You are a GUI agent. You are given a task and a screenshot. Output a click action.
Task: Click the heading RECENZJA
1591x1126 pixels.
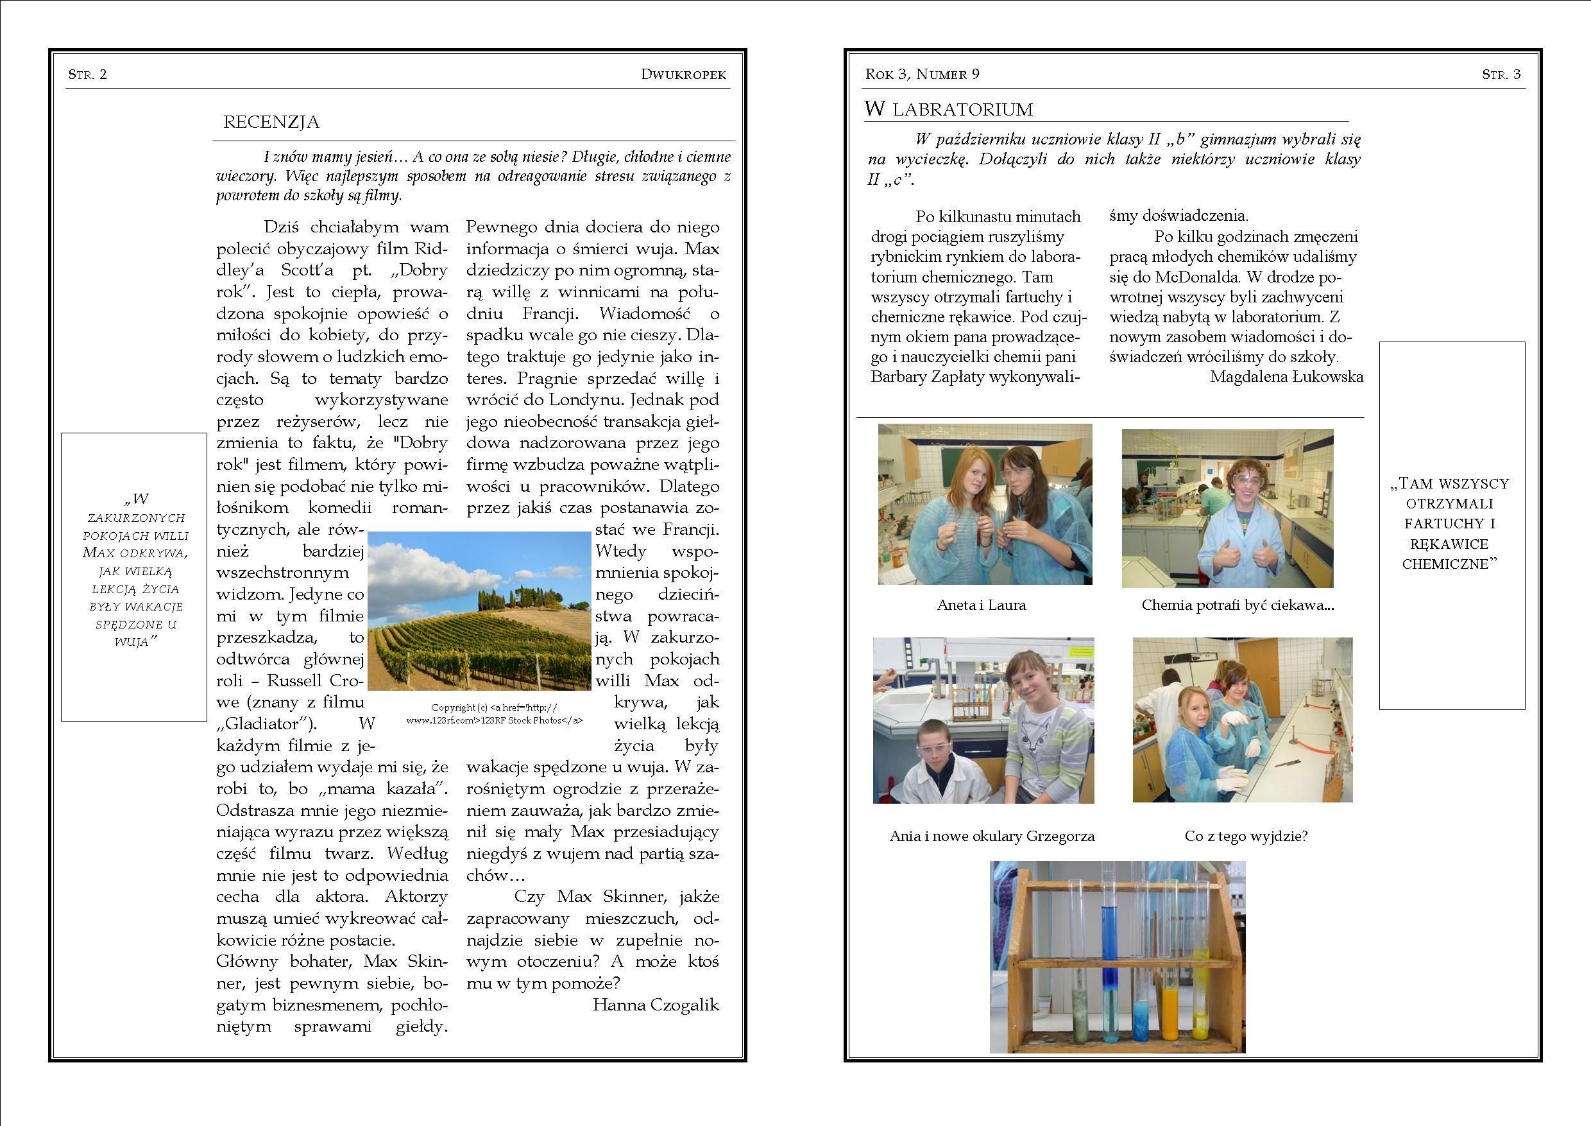tap(271, 123)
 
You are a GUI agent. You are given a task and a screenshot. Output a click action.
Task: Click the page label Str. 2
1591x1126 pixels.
tap(87, 75)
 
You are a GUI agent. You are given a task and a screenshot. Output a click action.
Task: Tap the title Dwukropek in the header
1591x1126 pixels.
tap(683, 75)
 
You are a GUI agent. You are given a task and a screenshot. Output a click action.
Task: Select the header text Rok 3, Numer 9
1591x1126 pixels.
tap(923, 74)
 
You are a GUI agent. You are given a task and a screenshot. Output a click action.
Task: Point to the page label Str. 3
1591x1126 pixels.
tap(1501, 75)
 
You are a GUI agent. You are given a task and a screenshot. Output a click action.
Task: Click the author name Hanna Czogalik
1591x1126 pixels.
tap(656, 1005)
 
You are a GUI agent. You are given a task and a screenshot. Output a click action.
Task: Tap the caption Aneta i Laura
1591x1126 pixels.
tap(981, 605)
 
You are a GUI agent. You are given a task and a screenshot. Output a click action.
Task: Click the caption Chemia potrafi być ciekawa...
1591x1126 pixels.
tap(1238, 605)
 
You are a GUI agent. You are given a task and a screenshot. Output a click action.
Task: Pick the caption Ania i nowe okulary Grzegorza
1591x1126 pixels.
tap(992, 836)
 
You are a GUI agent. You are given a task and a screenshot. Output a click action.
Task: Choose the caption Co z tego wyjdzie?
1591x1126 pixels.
tap(1246, 836)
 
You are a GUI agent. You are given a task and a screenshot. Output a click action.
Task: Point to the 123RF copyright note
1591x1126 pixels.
tap(494, 714)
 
